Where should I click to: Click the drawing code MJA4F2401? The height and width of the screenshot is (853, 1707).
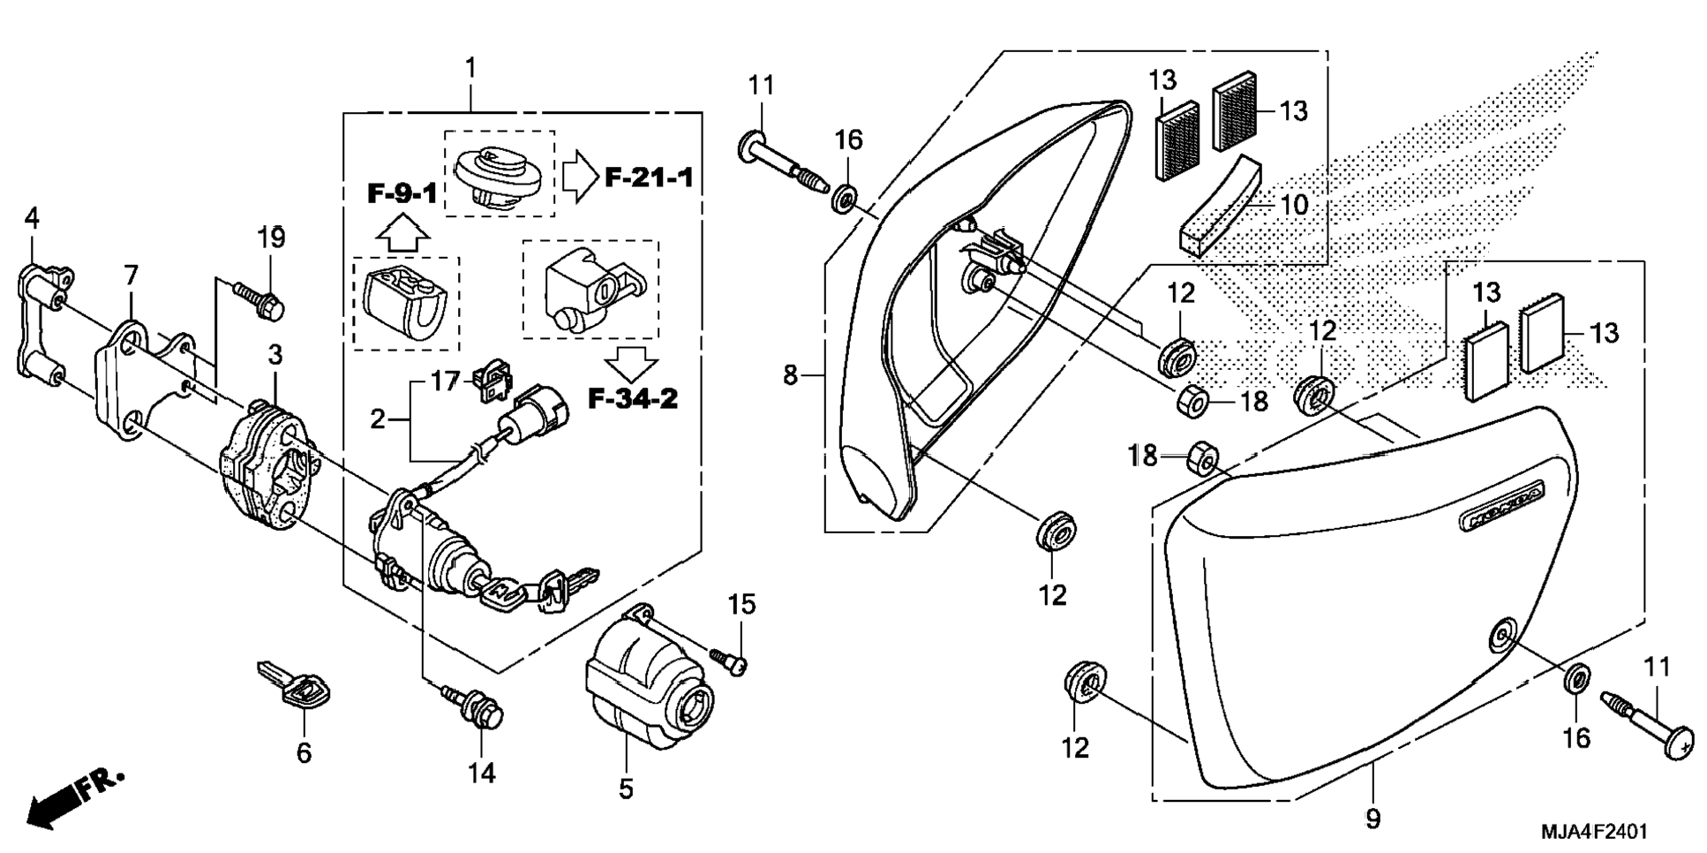(x=1594, y=832)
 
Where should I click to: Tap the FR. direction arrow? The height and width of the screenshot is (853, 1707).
(x=74, y=798)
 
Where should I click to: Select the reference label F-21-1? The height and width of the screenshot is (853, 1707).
(x=649, y=177)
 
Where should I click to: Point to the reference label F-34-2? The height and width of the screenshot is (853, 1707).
(x=633, y=398)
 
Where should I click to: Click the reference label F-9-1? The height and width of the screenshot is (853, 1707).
(x=402, y=192)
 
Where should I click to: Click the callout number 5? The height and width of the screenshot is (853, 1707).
(x=626, y=789)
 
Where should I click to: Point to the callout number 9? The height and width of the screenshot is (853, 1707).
(x=1372, y=819)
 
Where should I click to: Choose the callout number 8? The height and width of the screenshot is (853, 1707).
(x=790, y=376)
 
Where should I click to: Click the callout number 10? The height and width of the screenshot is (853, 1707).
(x=1294, y=206)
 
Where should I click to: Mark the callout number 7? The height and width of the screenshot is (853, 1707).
(x=131, y=276)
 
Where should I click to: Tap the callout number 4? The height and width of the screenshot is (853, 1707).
(x=33, y=218)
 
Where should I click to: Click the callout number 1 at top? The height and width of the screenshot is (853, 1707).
(x=471, y=68)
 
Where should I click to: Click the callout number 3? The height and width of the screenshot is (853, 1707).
(x=275, y=356)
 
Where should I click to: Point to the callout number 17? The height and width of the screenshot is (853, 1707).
(x=446, y=382)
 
